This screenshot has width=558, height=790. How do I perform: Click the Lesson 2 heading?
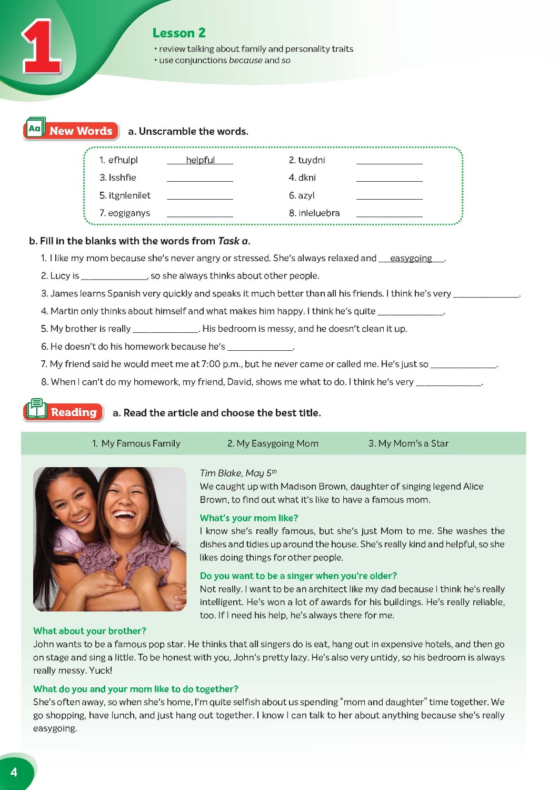click(x=179, y=33)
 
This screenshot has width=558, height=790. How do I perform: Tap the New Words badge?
click(x=71, y=130)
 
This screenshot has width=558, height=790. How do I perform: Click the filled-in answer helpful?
click(x=200, y=160)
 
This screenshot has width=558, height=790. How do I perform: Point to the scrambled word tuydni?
click(x=311, y=160)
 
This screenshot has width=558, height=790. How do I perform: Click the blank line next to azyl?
click(x=389, y=197)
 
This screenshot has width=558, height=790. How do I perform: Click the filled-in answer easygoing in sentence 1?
click(x=411, y=258)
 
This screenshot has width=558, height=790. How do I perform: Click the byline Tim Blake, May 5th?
click(x=238, y=473)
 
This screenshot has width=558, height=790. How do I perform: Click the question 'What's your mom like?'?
click(x=249, y=518)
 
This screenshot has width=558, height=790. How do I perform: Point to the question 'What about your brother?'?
click(x=89, y=631)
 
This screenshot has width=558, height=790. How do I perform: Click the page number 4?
click(x=14, y=772)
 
